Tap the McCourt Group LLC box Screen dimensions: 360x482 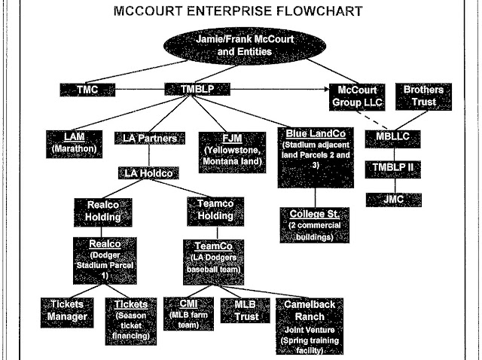pyautogui.click(x=357, y=96)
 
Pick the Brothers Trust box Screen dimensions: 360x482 pyautogui.click(x=426, y=96)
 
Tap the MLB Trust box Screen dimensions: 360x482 pyautogui.click(x=240, y=308)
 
